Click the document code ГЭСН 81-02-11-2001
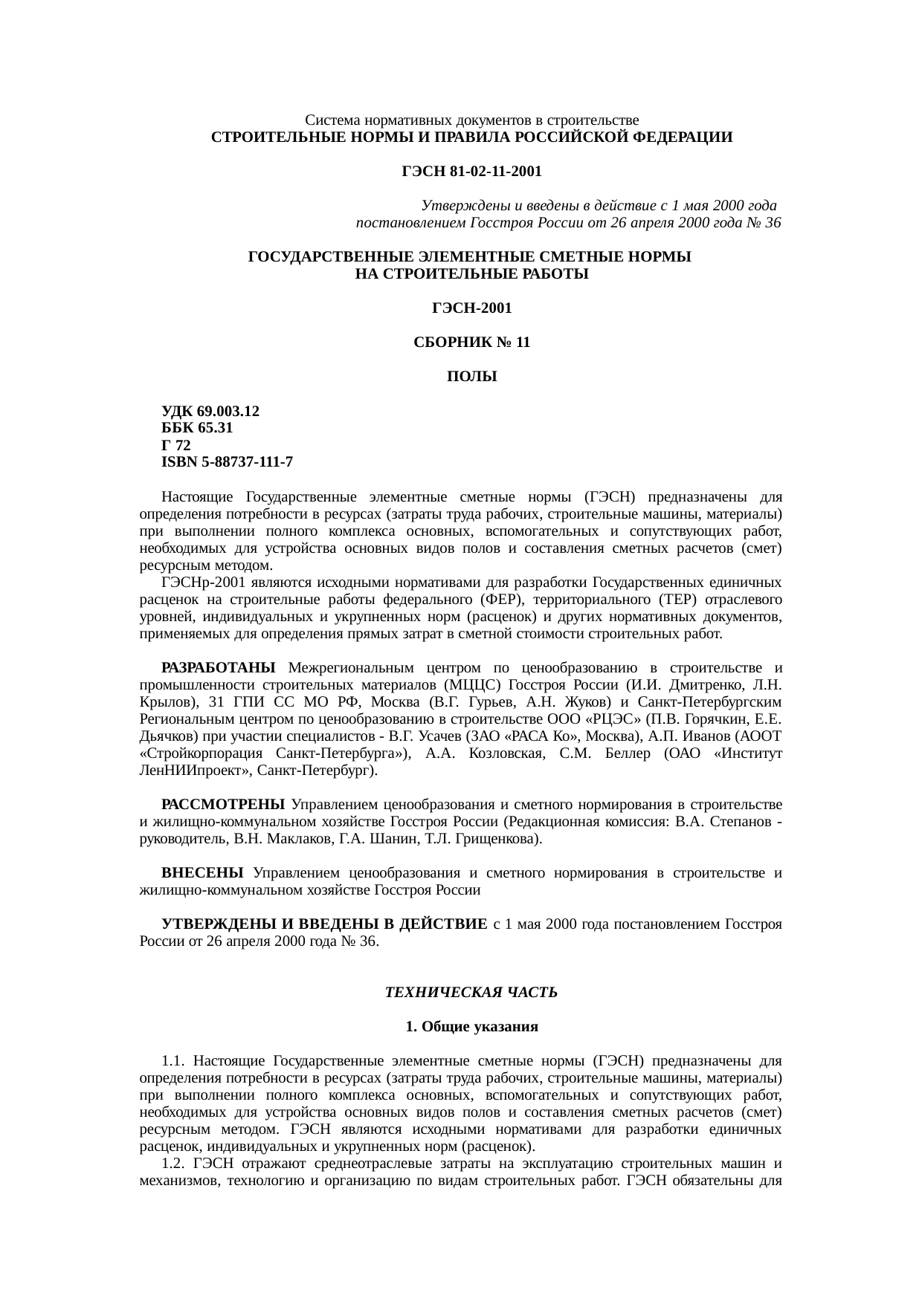[x=471, y=172]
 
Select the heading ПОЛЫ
[x=471, y=377]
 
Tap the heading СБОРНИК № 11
[x=471, y=343]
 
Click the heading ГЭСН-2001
[x=471, y=308]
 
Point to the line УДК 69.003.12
[x=210, y=411]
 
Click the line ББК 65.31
[x=197, y=428]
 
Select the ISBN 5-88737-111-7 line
[x=227, y=462]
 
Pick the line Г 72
[x=176, y=445]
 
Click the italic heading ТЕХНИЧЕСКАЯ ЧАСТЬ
[x=471, y=993]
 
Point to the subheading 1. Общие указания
[x=471, y=1027]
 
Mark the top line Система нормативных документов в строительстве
[x=471, y=120]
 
